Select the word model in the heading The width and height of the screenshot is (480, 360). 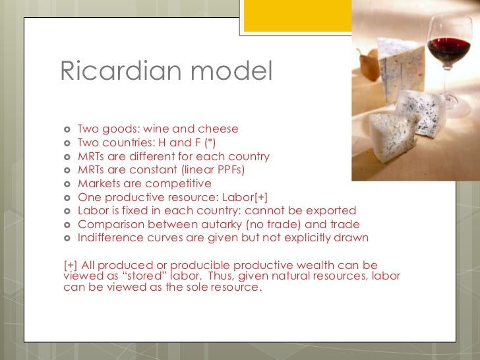(232, 72)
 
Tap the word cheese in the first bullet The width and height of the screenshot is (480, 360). (221, 129)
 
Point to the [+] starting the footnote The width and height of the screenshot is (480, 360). (70, 264)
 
